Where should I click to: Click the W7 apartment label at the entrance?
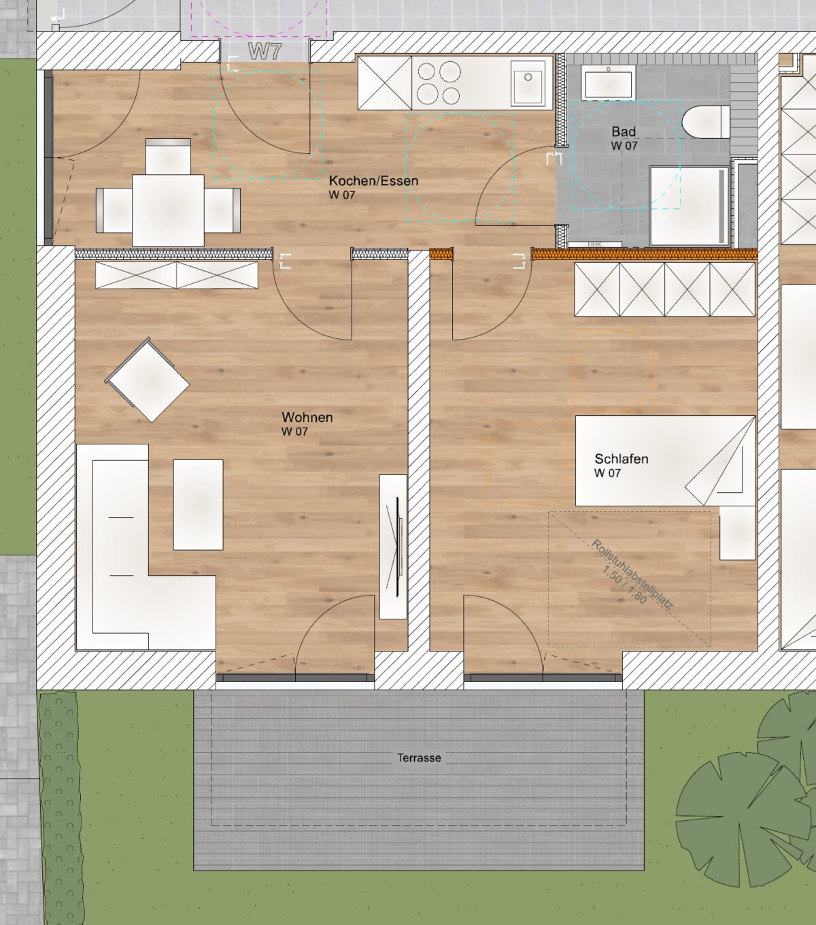pos(265,51)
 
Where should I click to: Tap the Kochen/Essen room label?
pos(373,181)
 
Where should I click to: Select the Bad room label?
pos(624,132)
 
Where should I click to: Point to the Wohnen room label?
pos(307,417)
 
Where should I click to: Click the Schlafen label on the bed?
pos(622,459)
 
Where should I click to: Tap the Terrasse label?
pos(419,758)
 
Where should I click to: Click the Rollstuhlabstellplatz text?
pos(632,574)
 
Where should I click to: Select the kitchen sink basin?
pos(528,83)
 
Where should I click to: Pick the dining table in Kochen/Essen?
pos(168,210)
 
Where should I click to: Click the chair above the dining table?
pos(168,156)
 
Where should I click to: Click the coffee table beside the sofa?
pos(198,504)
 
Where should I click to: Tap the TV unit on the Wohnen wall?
pos(393,547)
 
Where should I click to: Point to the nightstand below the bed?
pos(738,532)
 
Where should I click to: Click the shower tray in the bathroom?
pos(690,206)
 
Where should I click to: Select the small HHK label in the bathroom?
pos(594,245)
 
